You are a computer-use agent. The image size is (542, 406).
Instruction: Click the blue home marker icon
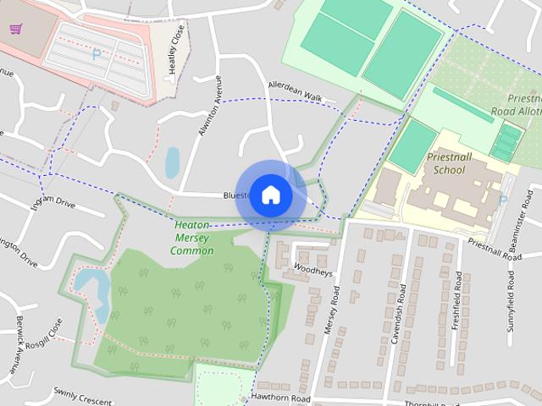pyautogui.click(x=270, y=195)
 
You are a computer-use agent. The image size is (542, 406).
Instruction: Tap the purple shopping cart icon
pyautogui.click(x=15, y=29)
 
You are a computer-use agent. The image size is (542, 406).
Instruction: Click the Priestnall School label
pyautogui.click(x=449, y=163)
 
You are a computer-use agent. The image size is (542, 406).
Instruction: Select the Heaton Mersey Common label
pyautogui.click(x=192, y=238)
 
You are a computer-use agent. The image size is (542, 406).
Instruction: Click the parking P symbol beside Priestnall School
pyautogui.click(x=503, y=200)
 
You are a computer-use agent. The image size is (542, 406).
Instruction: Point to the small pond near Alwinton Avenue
pyautogui.click(x=172, y=162)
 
